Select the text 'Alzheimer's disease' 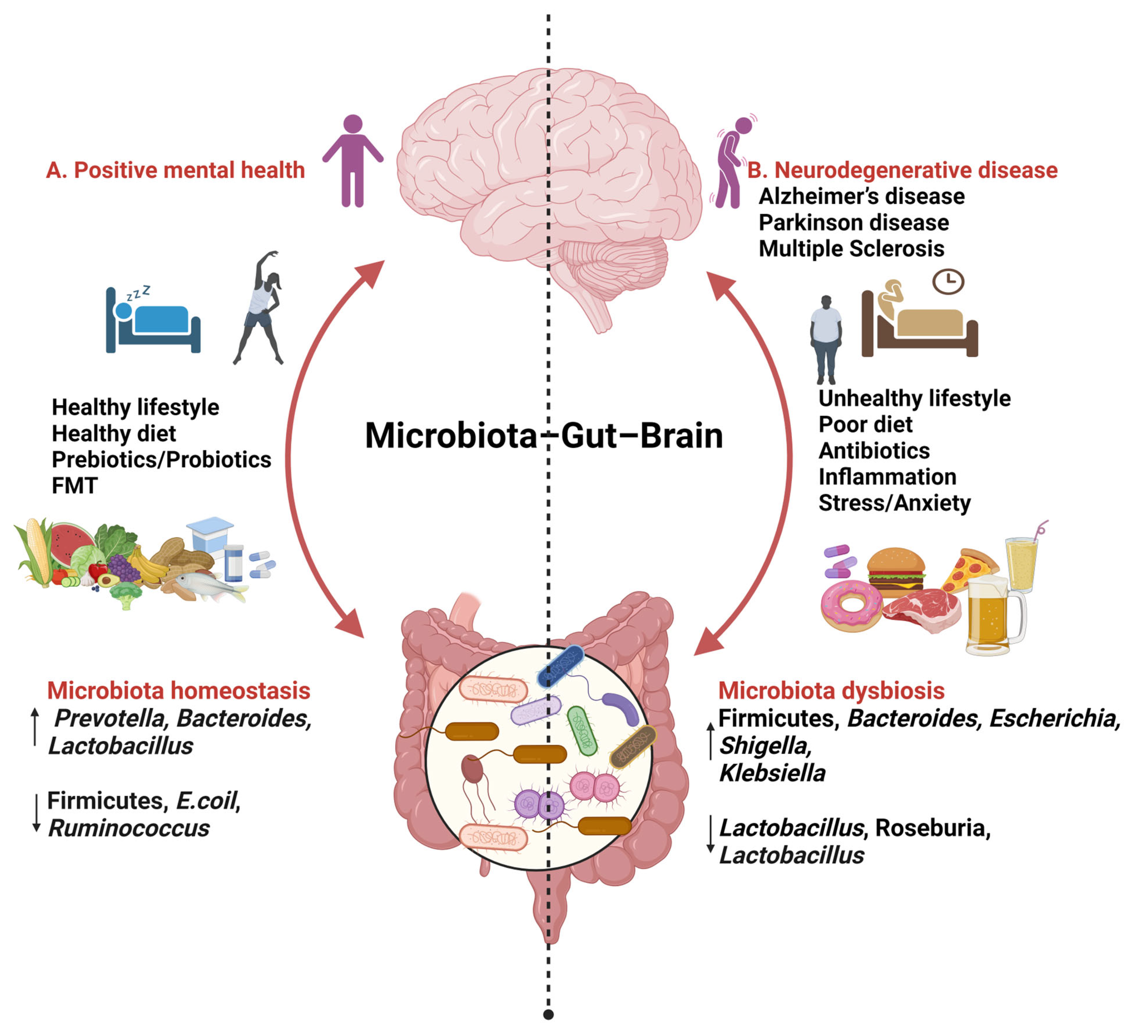[x=861, y=197]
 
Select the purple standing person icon [x=353, y=161]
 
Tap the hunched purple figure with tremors [x=732, y=162]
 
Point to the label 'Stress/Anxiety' [x=895, y=503]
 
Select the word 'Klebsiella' [x=772, y=773]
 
